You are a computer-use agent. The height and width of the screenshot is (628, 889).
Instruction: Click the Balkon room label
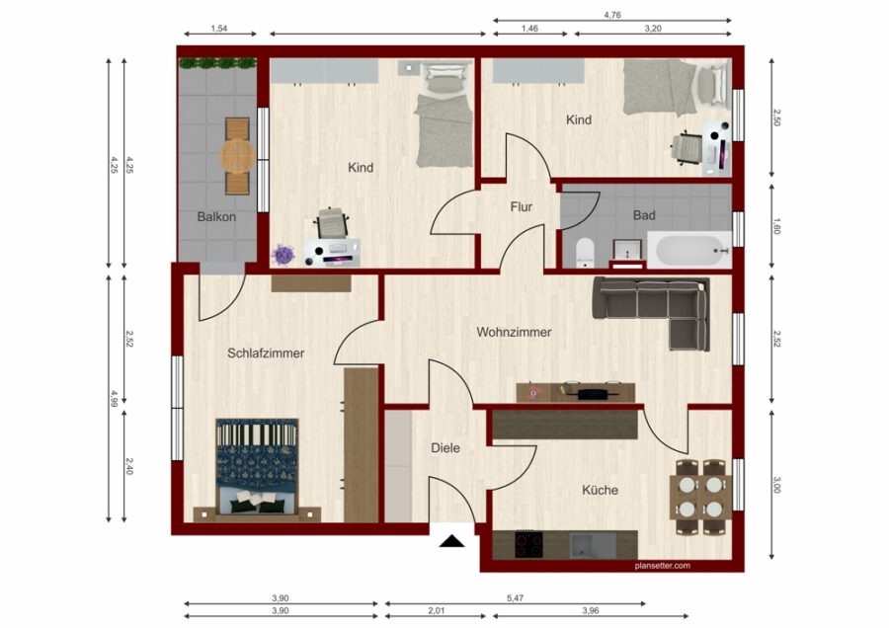[216, 216]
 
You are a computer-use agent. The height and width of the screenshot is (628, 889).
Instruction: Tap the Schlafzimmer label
[266, 353]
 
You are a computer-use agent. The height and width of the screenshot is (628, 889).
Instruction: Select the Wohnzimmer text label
[514, 332]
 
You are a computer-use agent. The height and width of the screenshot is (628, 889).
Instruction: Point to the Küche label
[600, 490]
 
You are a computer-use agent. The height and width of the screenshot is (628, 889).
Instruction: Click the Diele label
[445, 447]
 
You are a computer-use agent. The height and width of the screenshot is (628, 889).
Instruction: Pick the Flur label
[521, 207]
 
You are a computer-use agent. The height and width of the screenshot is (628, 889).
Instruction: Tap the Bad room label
[644, 215]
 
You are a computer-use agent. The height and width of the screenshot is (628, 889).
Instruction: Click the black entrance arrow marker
[451, 541]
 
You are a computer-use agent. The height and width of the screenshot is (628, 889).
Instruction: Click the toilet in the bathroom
[584, 252]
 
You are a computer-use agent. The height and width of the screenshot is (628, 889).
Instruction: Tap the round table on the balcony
[237, 156]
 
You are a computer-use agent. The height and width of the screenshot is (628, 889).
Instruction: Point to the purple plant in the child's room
[283, 255]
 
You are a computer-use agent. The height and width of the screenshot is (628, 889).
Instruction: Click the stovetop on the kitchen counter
[529, 545]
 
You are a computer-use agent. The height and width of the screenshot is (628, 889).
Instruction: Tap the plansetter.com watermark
[663, 565]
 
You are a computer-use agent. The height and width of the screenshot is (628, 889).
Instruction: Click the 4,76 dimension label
[612, 15]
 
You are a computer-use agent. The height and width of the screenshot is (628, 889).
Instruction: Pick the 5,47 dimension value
[515, 598]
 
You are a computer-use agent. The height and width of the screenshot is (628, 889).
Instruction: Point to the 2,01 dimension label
[436, 611]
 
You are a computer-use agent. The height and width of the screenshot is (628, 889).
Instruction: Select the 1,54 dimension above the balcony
[219, 29]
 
